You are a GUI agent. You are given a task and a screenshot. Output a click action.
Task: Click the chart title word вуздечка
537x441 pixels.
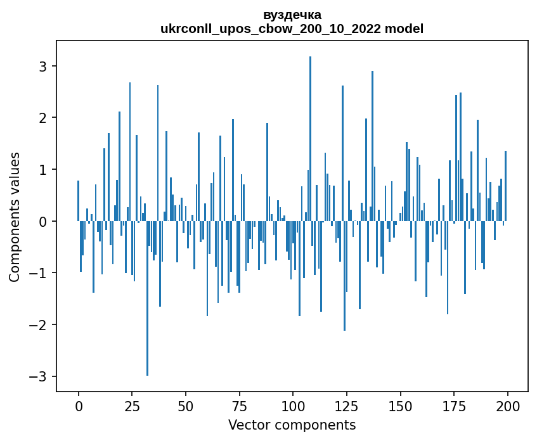[292, 15]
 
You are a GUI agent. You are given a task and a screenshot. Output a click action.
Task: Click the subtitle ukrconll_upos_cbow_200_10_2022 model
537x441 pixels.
[292, 29]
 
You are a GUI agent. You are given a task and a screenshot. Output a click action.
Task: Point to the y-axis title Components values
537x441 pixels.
[14, 217]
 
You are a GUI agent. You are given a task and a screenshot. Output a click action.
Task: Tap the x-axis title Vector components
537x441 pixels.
[292, 425]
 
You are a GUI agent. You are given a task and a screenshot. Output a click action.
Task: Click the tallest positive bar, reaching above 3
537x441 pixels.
[310, 139]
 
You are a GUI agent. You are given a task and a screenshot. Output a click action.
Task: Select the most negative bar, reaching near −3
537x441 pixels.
[147, 298]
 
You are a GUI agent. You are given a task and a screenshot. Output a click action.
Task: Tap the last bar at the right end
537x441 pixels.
[505, 186]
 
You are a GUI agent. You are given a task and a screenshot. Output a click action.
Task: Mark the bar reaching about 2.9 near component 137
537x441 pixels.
[372, 146]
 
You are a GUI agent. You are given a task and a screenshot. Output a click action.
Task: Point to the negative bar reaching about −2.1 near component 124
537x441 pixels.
[344, 276]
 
